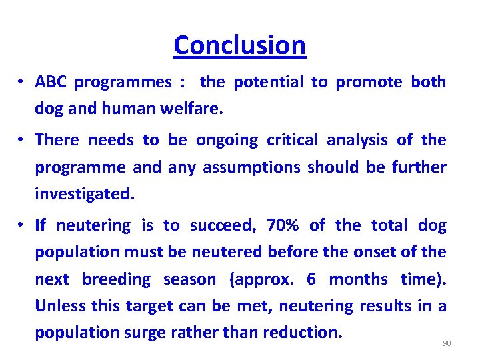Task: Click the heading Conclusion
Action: [x=239, y=45]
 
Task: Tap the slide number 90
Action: [x=447, y=343]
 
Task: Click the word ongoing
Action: [x=227, y=140]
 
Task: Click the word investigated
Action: [x=84, y=194]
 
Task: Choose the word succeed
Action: [x=222, y=225]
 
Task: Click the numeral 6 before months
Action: [x=311, y=279]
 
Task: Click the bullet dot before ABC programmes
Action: [x=21, y=82]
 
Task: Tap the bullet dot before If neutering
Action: [x=21, y=225]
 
